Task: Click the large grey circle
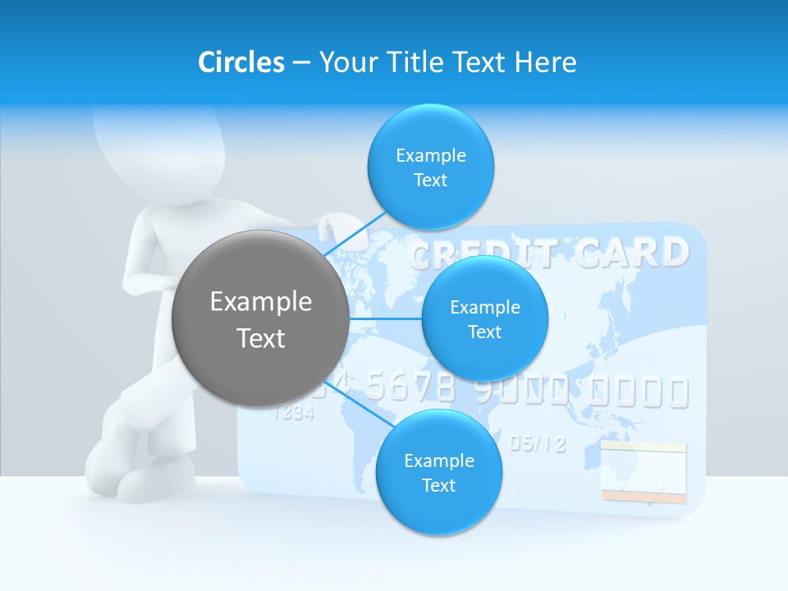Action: point(260,318)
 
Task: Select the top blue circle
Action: point(430,167)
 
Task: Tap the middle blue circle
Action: point(484,318)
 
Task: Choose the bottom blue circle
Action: point(438,472)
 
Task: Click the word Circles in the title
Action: point(241,62)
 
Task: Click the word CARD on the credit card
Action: point(631,253)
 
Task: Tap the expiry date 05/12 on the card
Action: point(538,444)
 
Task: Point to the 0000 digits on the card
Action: point(640,392)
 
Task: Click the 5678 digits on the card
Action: point(410,386)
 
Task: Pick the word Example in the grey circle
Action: point(260,302)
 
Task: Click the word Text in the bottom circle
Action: point(438,485)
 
